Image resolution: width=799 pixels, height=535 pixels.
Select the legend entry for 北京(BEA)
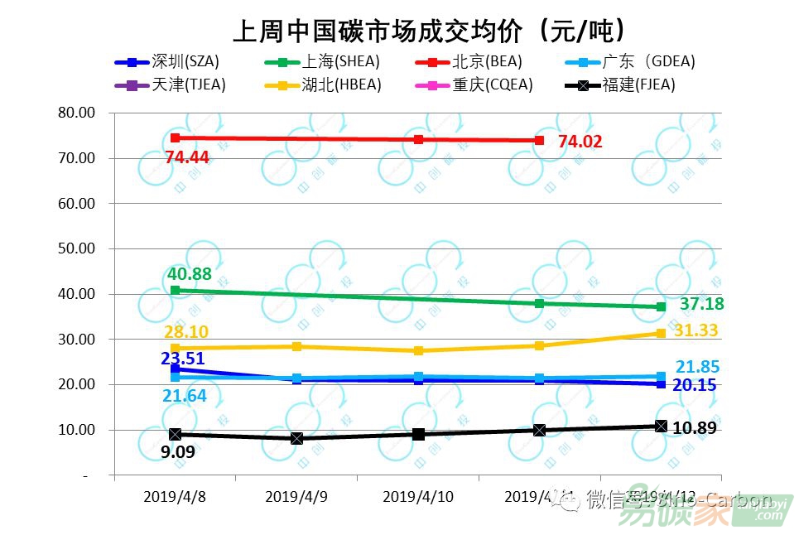pyautogui.click(x=487, y=61)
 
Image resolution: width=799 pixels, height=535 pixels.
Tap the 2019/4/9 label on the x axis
pyautogui.click(x=296, y=497)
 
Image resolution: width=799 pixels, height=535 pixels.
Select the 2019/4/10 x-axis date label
pyautogui.click(x=418, y=497)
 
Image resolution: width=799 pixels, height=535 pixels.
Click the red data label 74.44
pyautogui.click(x=186, y=157)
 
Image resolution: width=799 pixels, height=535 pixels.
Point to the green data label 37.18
pyautogui.click(x=701, y=305)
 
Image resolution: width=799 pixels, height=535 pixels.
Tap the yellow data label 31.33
pyautogui.click(x=696, y=330)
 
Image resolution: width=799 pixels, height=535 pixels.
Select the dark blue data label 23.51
pyautogui.click(x=183, y=359)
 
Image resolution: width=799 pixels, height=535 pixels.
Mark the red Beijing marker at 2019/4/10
pyautogui.click(x=418, y=139)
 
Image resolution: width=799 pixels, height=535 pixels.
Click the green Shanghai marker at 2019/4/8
pyautogui.click(x=175, y=291)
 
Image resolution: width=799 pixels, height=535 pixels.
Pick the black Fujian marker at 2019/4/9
pyautogui.click(x=296, y=438)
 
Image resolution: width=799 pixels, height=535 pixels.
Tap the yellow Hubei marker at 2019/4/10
pyautogui.click(x=418, y=351)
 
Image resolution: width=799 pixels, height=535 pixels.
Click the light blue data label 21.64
pyautogui.click(x=185, y=397)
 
